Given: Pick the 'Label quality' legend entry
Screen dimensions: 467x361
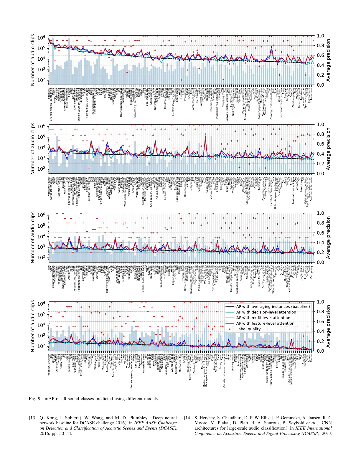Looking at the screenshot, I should (248, 329).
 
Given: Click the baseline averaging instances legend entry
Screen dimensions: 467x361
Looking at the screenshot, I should (273, 306).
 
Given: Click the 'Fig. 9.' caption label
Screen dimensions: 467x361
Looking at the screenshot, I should (35, 399).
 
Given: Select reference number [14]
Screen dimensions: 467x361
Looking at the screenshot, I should (188, 418).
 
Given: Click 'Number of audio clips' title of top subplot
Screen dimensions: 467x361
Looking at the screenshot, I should (33, 60).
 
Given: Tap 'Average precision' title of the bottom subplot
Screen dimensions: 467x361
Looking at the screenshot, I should (328, 326).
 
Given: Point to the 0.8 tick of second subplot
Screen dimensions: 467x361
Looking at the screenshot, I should (320, 134).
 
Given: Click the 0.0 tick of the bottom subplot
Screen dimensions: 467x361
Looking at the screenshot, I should (320, 351).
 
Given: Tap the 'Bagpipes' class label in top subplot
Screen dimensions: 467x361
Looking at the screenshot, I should (49, 93).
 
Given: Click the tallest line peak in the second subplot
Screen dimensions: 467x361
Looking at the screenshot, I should (205, 136).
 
